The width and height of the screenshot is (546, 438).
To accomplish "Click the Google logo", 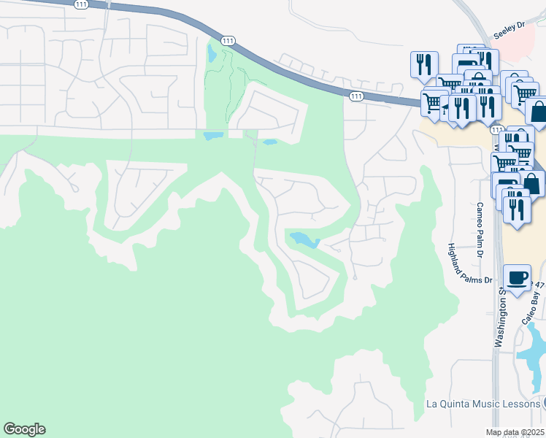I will (24, 429).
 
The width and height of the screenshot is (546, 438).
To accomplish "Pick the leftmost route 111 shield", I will (81, 4).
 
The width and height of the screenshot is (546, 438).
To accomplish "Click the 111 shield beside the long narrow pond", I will (228, 41).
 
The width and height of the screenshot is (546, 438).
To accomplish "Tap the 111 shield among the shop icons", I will (496, 129).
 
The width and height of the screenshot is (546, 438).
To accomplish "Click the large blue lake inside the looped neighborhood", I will (304, 239).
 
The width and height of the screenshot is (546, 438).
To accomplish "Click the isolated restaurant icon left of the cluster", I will (423, 65).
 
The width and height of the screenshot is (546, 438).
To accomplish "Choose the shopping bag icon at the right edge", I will (538, 112).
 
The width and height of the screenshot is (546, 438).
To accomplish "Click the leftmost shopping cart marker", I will (432, 101).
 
